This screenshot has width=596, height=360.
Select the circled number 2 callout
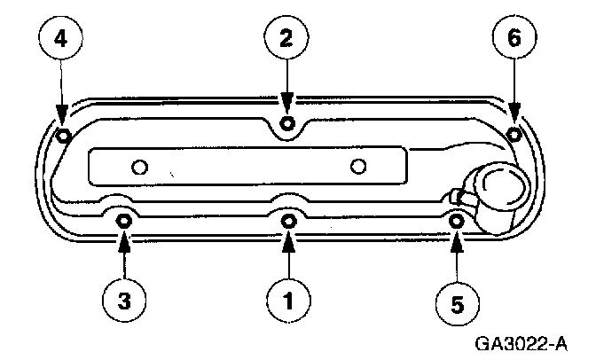click(x=286, y=38)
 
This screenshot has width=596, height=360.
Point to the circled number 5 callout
click(x=457, y=303)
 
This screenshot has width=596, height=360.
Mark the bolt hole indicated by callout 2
click(x=286, y=122)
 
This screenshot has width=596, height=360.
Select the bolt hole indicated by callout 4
click(x=62, y=136)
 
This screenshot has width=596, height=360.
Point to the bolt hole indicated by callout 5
click(x=456, y=220)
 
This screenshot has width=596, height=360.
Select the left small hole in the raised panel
click(x=138, y=166)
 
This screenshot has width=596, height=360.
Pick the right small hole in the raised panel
click(x=358, y=166)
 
